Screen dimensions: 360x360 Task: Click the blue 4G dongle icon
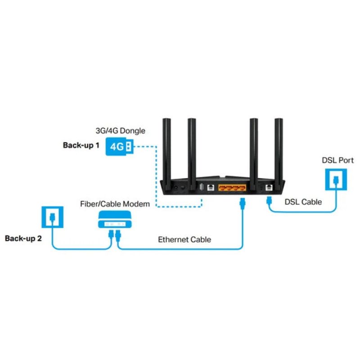click(x=119, y=147)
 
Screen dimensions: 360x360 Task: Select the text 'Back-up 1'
click(x=81, y=146)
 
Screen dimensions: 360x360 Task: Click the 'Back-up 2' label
click(x=23, y=238)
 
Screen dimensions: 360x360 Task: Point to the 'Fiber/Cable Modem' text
click(x=115, y=204)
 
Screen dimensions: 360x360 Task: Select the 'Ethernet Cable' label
click(x=184, y=240)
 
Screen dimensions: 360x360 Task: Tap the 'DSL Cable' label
click(x=303, y=202)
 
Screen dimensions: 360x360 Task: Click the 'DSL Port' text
click(x=338, y=160)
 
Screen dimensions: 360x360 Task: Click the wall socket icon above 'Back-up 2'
click(x=52, y=216)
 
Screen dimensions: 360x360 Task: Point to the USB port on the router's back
click(x=201, y=188)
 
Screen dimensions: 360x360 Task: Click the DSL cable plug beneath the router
click(x=269, y=201)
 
